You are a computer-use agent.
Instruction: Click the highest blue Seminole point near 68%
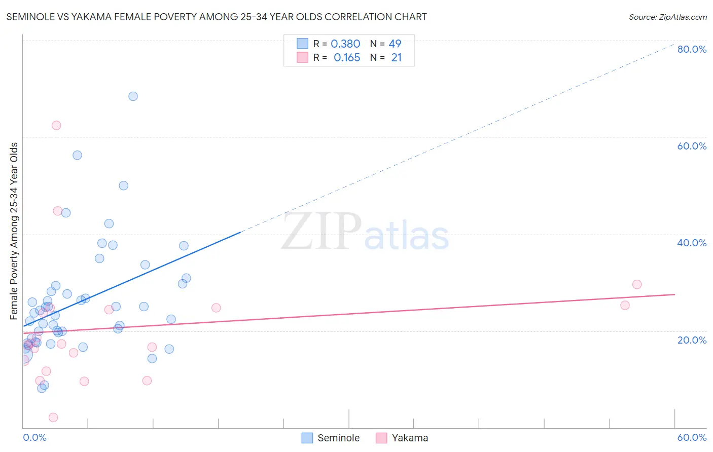tap(133, 96)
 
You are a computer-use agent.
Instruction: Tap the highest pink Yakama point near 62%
tap(56, 125)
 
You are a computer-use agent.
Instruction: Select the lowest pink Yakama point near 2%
tap(53, 418)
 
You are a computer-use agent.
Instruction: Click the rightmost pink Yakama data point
tap(637, 284)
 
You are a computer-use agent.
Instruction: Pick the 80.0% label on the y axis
tap(692, 49)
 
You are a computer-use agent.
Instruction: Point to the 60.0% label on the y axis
tap(692, 146)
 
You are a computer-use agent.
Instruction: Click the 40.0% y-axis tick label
tap(692, 243)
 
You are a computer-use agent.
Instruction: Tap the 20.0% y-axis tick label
tap(692, 340)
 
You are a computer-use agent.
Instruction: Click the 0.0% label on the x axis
tap(34, 437)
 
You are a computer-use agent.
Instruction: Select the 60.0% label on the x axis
tap(692, 437)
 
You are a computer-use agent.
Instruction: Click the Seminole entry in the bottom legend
tap(338, 438)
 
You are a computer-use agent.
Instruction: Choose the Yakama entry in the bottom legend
tap(410, 438)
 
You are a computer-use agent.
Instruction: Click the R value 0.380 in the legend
tap(345, 44)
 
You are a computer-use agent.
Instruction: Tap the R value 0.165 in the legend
tap(347, 58)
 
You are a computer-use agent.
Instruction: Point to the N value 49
tap(395, 44)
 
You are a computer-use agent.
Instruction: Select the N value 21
tap(396, 58)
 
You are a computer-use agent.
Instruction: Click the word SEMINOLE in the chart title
tap(28, 17)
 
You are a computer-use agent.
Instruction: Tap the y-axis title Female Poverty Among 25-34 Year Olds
tap(14, 231)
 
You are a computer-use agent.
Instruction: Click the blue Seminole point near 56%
tap(77, 155)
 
